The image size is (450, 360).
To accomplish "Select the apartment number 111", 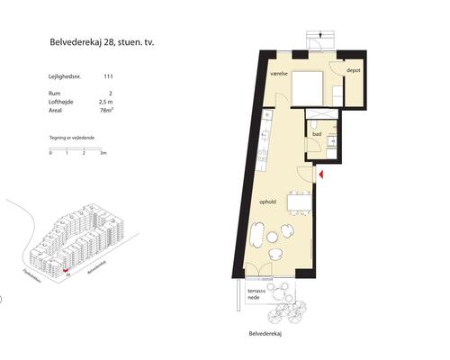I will point(109,78).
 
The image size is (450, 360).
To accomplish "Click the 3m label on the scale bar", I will point(103,154).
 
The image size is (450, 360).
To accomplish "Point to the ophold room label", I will point(267,202).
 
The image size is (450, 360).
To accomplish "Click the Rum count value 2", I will point(110,93).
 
